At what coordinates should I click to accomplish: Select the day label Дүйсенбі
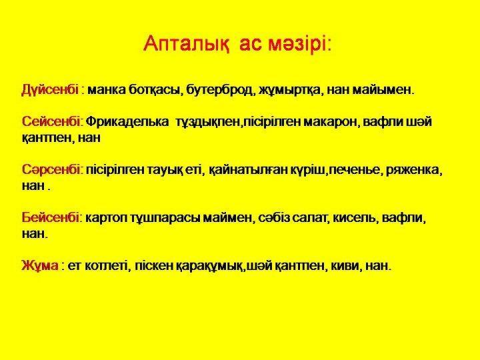pos(50,90)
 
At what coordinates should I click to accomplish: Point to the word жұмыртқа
pos(291,91)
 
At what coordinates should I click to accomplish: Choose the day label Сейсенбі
pos(51,121)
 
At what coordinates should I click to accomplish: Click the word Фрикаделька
pos(127,122)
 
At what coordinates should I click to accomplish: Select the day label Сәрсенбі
pos(52,169)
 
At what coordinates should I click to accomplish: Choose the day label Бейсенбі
pos(52,217)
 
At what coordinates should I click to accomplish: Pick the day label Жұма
pos(40,265)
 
